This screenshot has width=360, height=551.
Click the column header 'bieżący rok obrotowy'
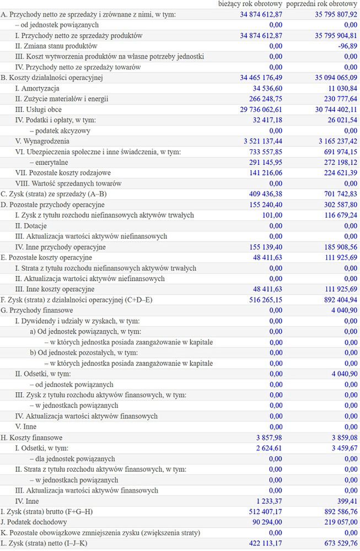pos(250,4)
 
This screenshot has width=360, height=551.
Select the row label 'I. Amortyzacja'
pos(37,88)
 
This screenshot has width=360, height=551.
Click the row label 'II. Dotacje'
pos(31,226)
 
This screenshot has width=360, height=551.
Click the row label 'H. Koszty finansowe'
pos(34,437)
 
